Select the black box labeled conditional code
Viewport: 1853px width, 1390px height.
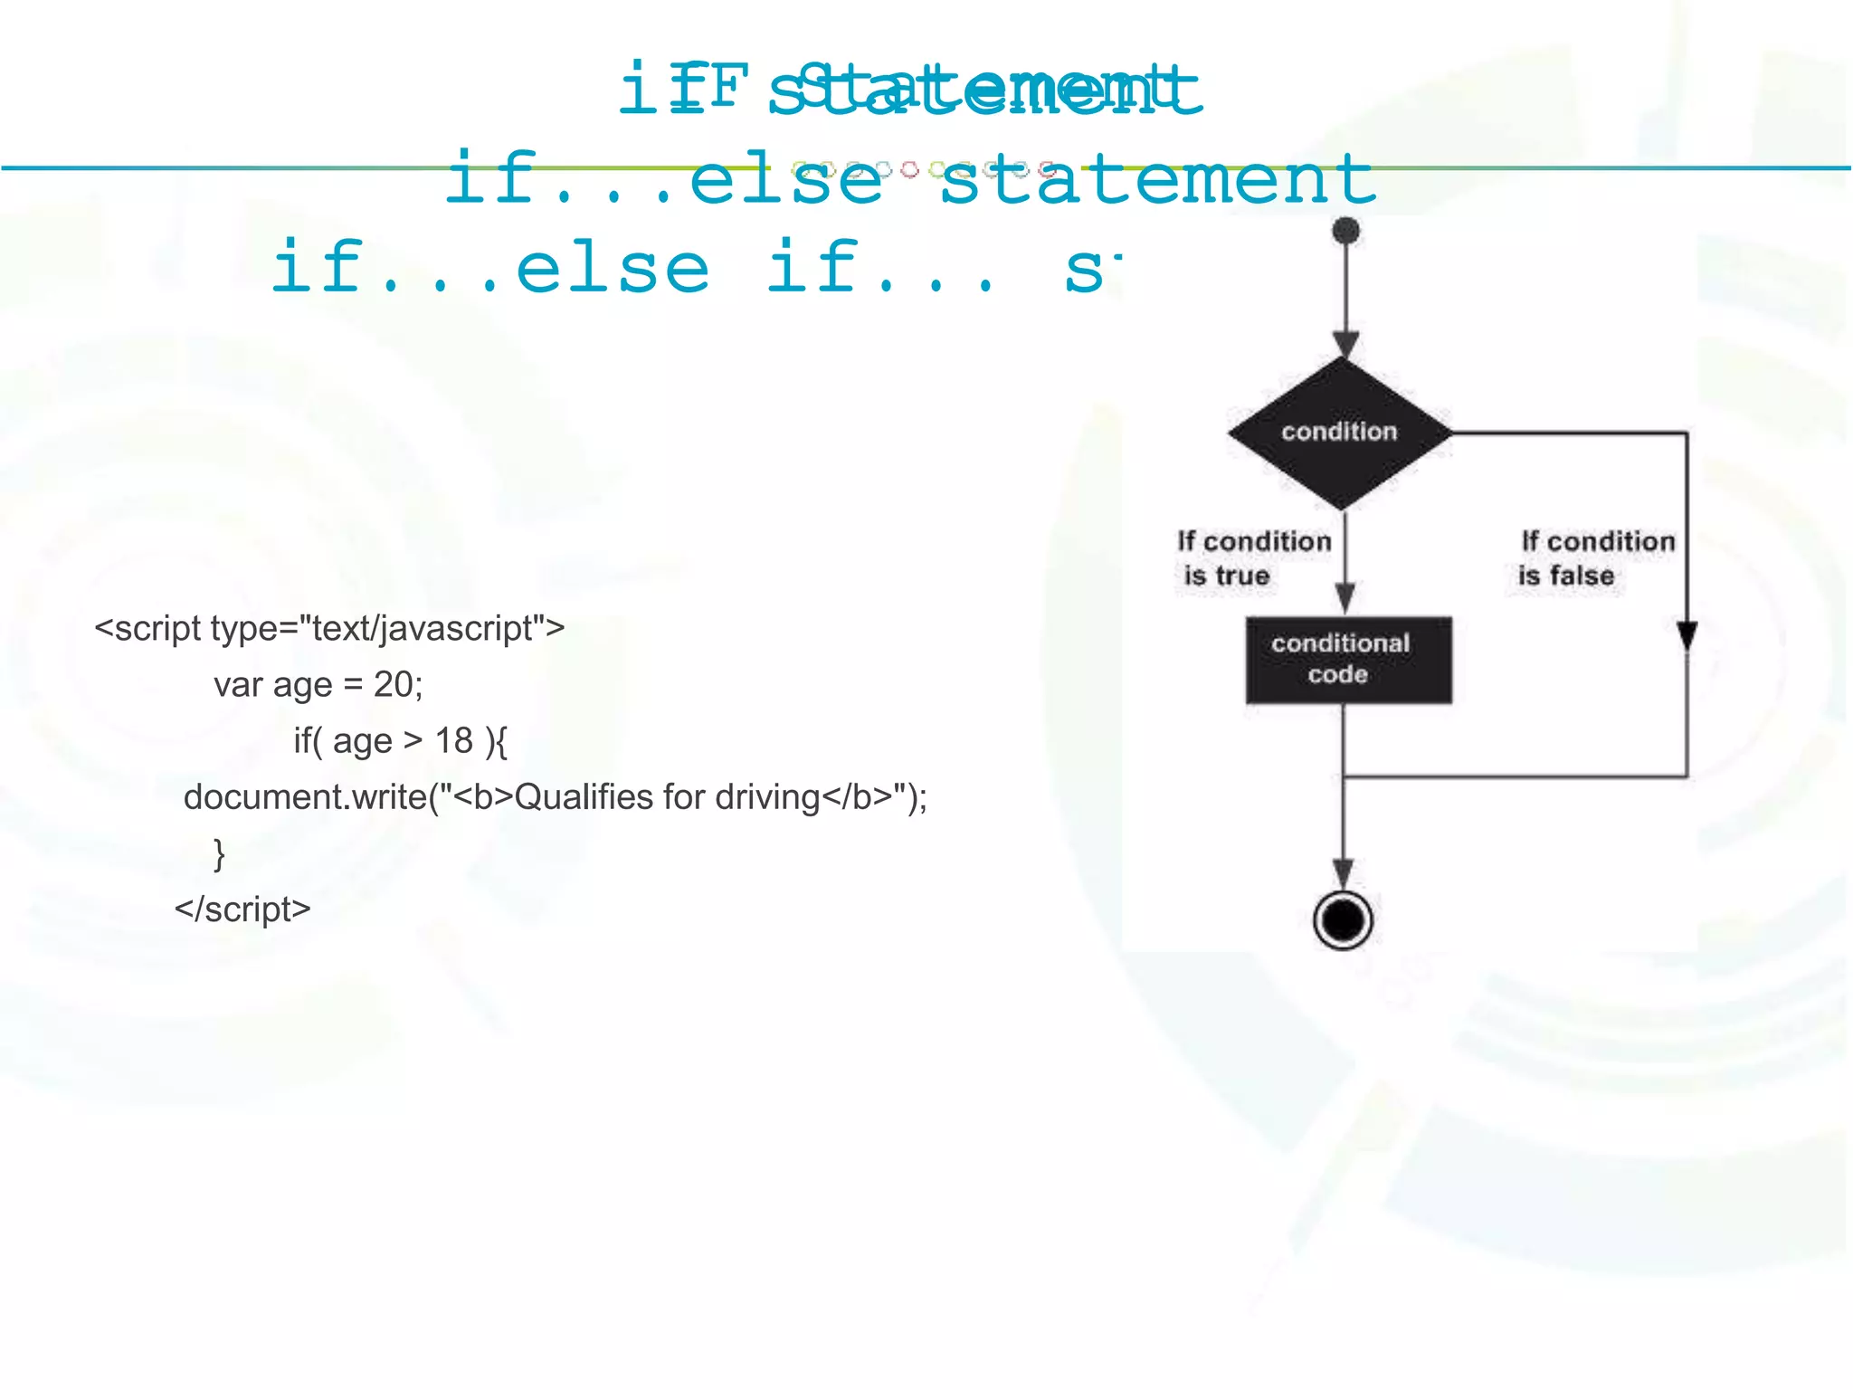(x=1348, y=660)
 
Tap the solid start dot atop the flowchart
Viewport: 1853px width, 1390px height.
(x=1346, y=231)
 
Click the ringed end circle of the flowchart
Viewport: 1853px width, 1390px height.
(x=1344, y=920)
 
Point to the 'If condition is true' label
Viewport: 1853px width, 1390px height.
(x=1253, y=558)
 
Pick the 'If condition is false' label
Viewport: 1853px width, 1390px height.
(x=1596, y=558)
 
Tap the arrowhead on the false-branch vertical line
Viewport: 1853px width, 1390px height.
(x=1687, y=635)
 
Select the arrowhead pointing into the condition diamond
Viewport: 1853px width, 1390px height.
(x=1346, y=345)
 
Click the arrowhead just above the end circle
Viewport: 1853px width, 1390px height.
(x=1344, y=874)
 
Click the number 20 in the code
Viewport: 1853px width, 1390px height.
(x=394, y=685)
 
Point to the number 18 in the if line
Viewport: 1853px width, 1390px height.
(x=454, y=741)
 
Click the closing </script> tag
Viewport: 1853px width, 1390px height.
(x=242, y=909)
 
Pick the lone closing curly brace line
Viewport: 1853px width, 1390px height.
(x=219, y=853)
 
